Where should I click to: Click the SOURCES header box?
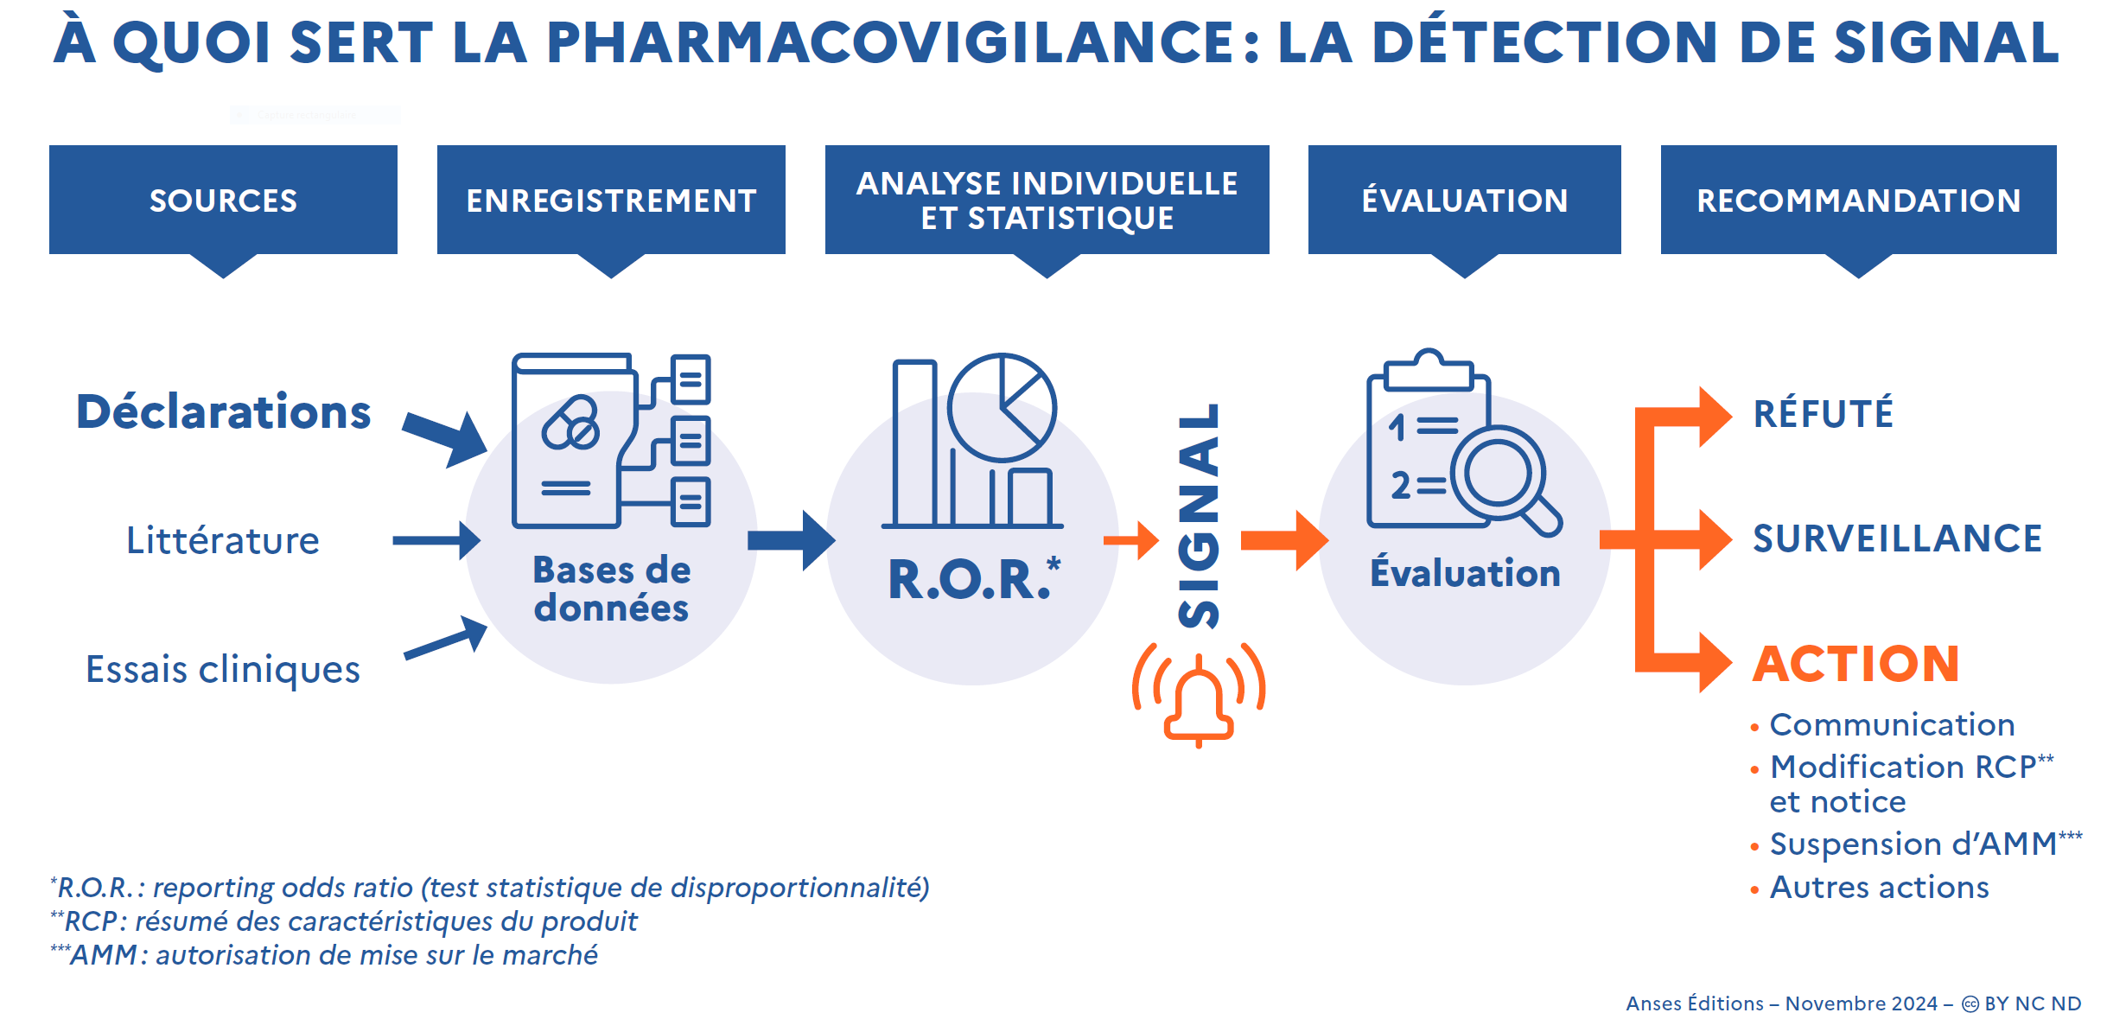point(223,200)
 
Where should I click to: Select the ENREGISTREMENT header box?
point(611,200)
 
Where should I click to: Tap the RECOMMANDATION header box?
point(1858,200)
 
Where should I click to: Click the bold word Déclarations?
point(224,411)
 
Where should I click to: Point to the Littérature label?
point(223,540)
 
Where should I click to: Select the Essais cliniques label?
point(223,669)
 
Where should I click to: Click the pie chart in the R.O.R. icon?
point(1003,406)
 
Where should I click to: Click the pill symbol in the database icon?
point(570,424)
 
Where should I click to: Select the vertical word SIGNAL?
point(1200,516)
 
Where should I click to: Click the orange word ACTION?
point(1855,664)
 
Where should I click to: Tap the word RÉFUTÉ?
point(1824,414)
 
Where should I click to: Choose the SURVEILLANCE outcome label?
point(1897,538)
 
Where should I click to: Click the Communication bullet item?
point(1892,724)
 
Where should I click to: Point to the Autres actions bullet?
point(1879,888)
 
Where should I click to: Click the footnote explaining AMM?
point(324,955)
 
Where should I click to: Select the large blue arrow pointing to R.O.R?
point(791,540)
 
